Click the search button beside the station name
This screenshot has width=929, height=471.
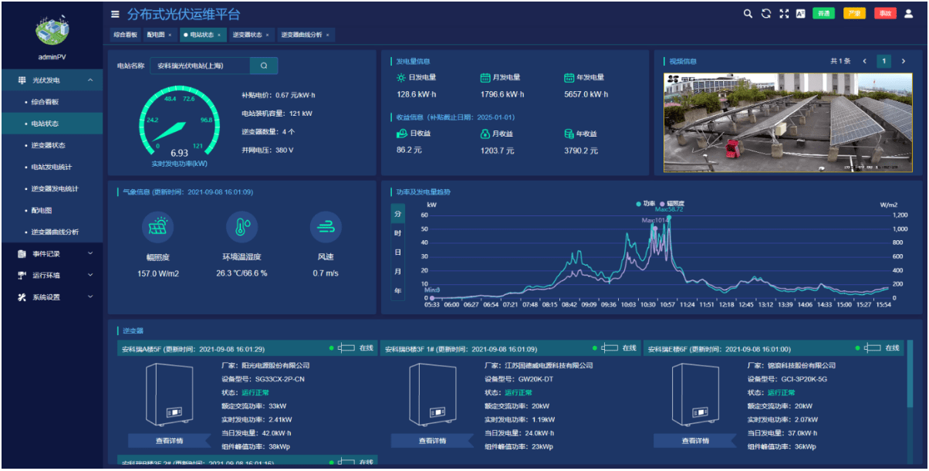(x=264, y=66)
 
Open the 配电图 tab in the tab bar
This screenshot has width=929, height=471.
(x=157, y=35)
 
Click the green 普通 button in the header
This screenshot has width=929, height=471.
(x=824, y=13)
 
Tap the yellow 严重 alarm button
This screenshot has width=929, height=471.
(x=854, y=13)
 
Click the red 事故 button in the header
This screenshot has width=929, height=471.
(x=884, y=13)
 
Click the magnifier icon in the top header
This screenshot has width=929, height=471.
(x=748, y=13)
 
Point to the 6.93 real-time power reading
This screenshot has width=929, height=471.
(x=179, y=153)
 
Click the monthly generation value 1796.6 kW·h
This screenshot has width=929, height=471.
(x=502, y=94)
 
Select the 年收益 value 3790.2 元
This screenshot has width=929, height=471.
(x=581, y=151)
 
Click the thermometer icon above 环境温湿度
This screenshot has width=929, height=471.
(x=242, y=227)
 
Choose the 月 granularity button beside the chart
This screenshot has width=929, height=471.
(x=397, y=272)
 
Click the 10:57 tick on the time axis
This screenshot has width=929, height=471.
(x=668, y=305)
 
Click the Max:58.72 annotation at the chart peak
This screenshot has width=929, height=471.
(x=669, y=209)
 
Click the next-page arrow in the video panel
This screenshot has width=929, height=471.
(x=904, y=61)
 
